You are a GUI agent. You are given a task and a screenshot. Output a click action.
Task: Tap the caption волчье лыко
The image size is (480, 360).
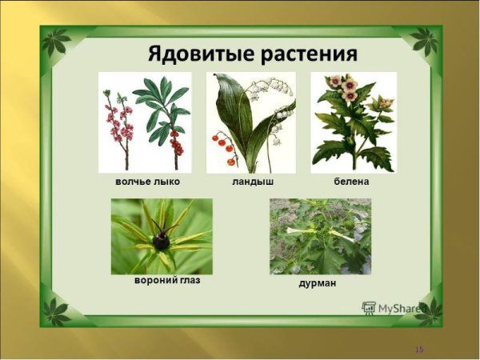click(147, 182)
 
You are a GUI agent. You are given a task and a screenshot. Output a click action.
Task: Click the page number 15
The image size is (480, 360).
click(418, 350)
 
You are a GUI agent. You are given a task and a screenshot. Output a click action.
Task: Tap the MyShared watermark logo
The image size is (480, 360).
click(393, 306)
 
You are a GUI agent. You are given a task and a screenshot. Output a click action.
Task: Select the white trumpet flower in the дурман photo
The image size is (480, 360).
click(304, 230)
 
